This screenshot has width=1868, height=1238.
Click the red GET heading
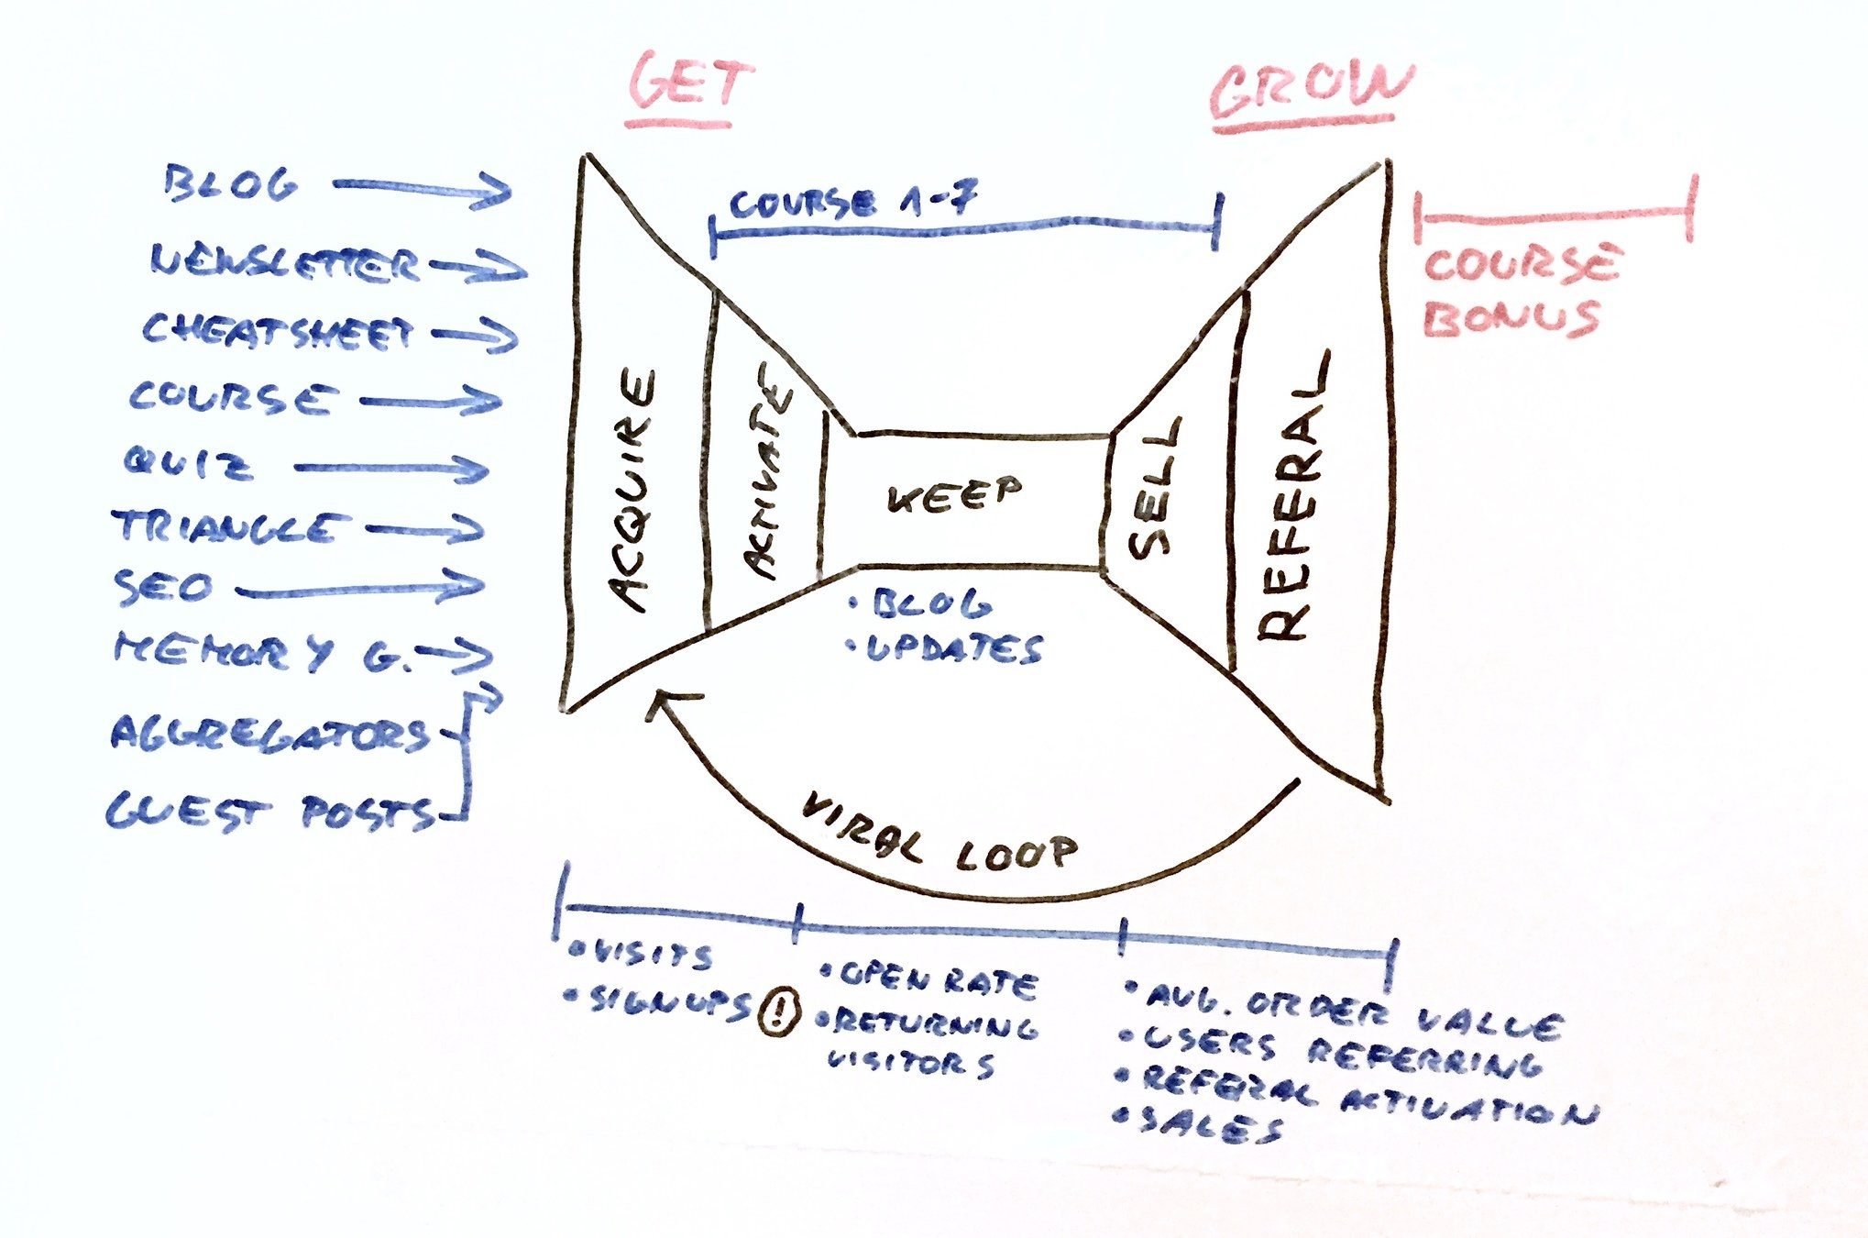tap(689, 84)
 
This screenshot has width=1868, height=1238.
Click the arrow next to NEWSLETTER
tap(478, 268)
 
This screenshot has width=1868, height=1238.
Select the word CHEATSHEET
tap(278, 332)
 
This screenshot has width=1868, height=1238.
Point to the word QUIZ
tap(188, 463)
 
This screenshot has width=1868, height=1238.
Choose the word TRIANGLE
tap(229, 528)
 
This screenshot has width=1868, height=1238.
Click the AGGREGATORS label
tap(270, 735)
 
